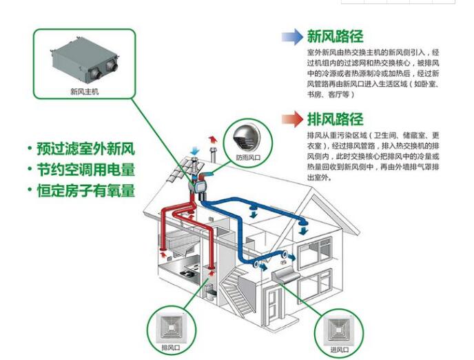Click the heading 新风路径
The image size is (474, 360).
[x=335, y=37]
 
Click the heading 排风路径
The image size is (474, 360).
[x=335, y=119]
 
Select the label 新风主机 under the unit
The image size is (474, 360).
[x=85, y=90]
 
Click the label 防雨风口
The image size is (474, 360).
[x=247, y=157]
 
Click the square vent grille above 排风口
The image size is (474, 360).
[x=169, y=326]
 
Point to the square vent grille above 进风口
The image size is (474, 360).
[x=338, y=328]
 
